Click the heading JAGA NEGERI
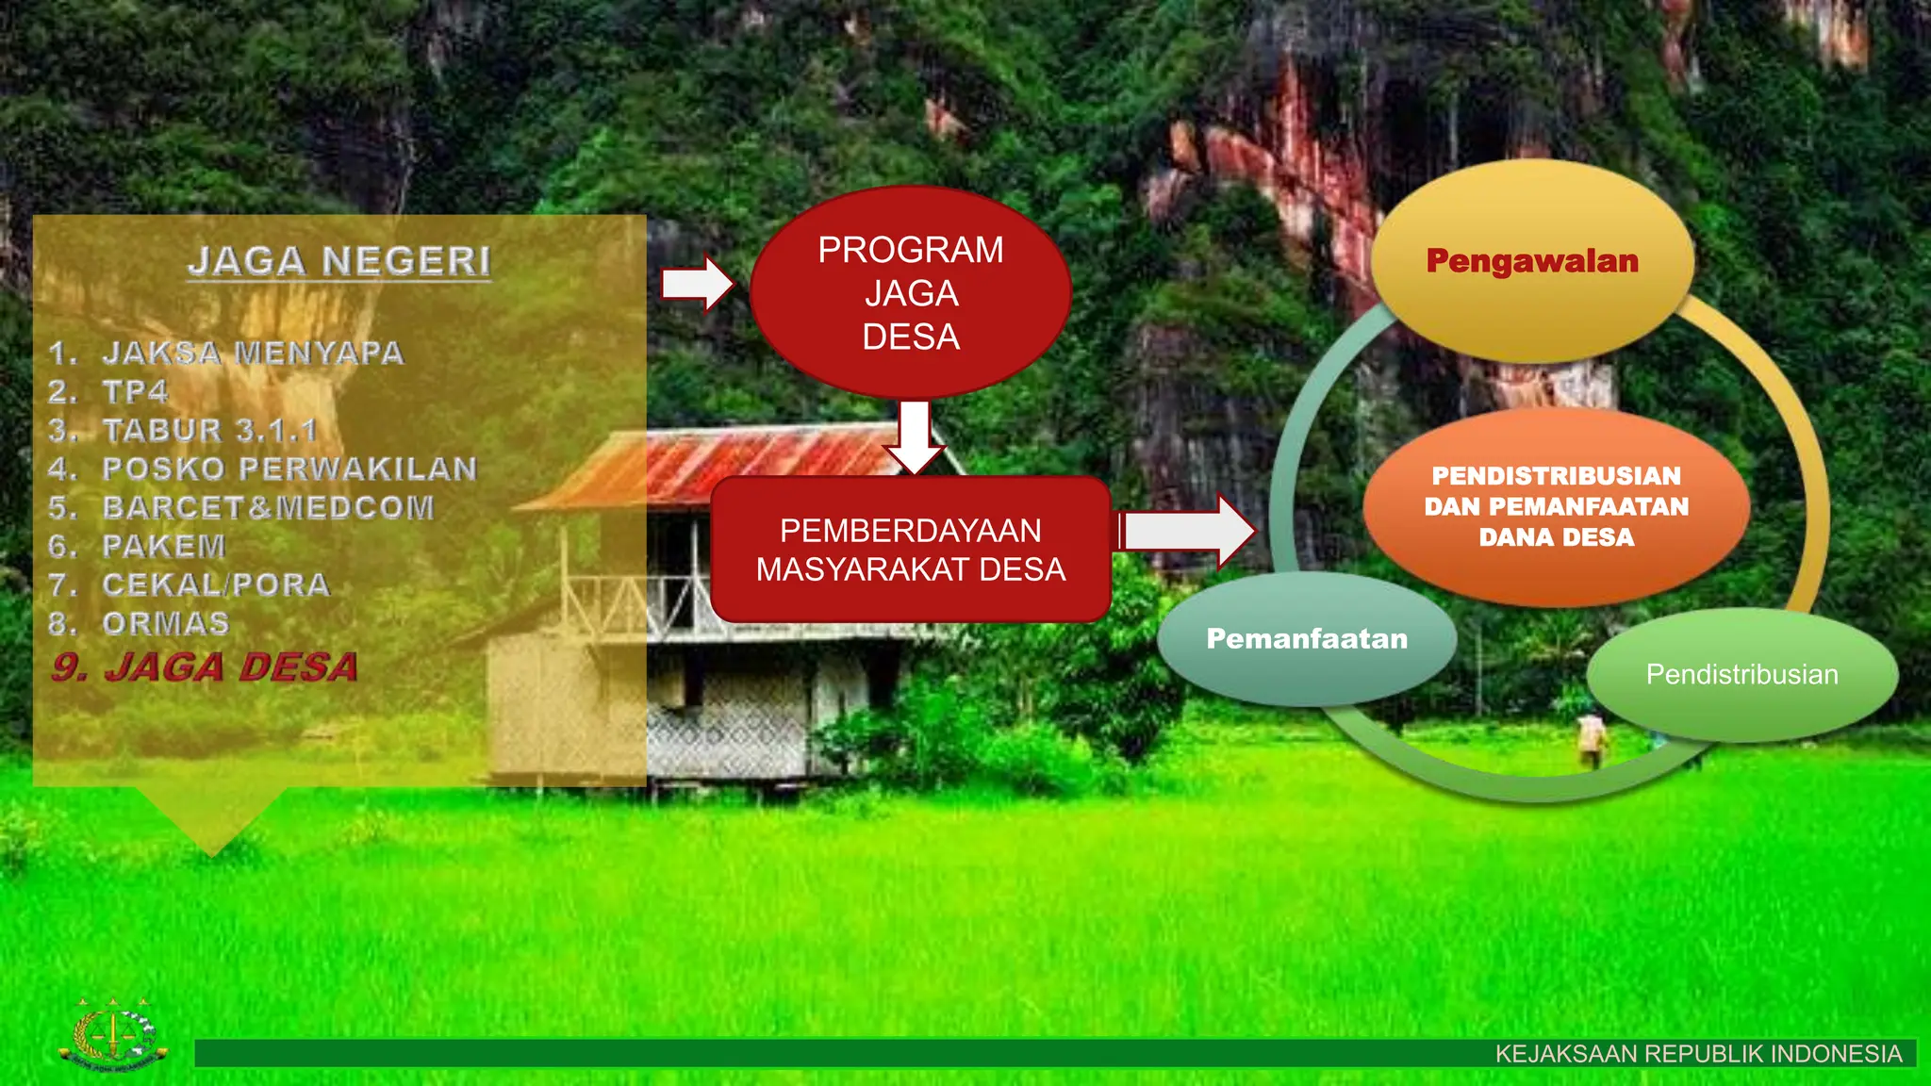point(339,261)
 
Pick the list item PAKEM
point(164,546)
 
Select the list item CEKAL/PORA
point(216,584)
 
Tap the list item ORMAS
point(166,623)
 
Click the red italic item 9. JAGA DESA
point(206,667)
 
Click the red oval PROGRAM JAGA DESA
point(911,292)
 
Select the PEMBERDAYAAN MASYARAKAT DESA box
point(911,550)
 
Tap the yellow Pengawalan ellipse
point(1532,261)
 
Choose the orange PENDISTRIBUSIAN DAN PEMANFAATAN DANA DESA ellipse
point(1557,506)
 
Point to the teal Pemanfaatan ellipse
point(1307,639)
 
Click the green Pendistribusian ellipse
point(1741,674)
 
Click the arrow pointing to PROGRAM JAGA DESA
point(697,283)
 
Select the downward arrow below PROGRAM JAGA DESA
point(915,436)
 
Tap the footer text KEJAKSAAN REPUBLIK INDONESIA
point(1698,1054)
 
